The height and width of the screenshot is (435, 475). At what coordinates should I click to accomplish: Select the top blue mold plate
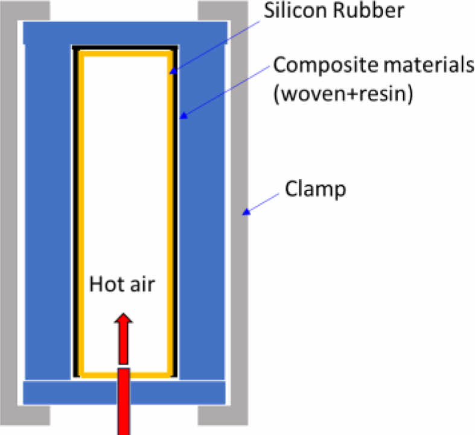pos(126,33)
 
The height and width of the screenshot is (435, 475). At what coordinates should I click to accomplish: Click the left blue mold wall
pos(46,211)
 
